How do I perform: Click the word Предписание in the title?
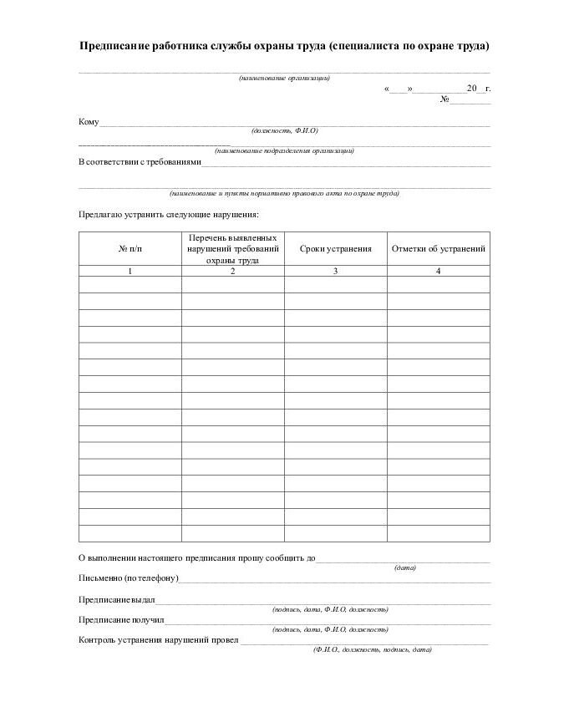[114, 46]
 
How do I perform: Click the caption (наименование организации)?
[284, 78]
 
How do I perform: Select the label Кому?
[89, 122]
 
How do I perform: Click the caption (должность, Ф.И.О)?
[284, 130]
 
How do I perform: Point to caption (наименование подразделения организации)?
[284, 151]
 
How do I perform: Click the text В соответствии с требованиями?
[140, 162]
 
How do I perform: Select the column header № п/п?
[130, 249]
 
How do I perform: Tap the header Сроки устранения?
[335, 249]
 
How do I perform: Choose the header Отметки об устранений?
[438, 249]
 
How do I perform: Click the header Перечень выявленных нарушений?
[232, 249]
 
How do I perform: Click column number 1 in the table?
[130, 271]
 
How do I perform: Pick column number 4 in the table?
[438, 271]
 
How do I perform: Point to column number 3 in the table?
[335, 271]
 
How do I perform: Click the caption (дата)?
[405, 567]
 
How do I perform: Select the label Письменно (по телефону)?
[128, 578]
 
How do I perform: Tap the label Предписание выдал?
[116, 600]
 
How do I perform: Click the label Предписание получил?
[121, 620]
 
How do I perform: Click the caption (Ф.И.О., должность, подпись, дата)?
[372, 649]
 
